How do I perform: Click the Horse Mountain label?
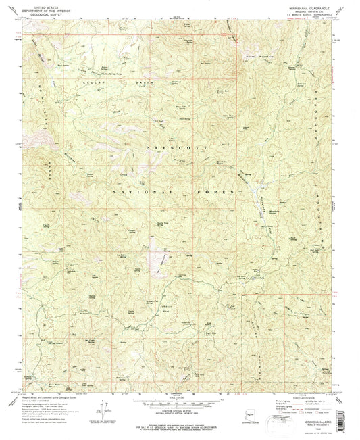[x=253, y=53]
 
